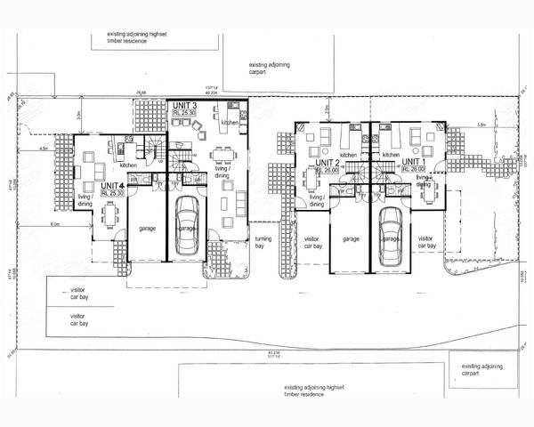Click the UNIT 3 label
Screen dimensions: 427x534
pos(184,106)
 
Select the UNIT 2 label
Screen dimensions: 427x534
pos(327,163)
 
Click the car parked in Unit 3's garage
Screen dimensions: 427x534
pos(187,224)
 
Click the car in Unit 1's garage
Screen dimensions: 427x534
pos(390,236)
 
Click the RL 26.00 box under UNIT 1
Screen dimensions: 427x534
pos(417,170)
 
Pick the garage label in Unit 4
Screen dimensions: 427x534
pos(148,229)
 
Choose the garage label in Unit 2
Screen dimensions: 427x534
pos(351,238)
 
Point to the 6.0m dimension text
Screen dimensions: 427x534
pos(55,224)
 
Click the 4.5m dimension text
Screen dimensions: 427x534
pos(43,149)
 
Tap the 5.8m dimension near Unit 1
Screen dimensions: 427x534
pos(481,125)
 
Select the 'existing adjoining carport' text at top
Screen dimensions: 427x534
pos(271,68)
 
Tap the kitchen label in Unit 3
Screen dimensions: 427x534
pos(231,123)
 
